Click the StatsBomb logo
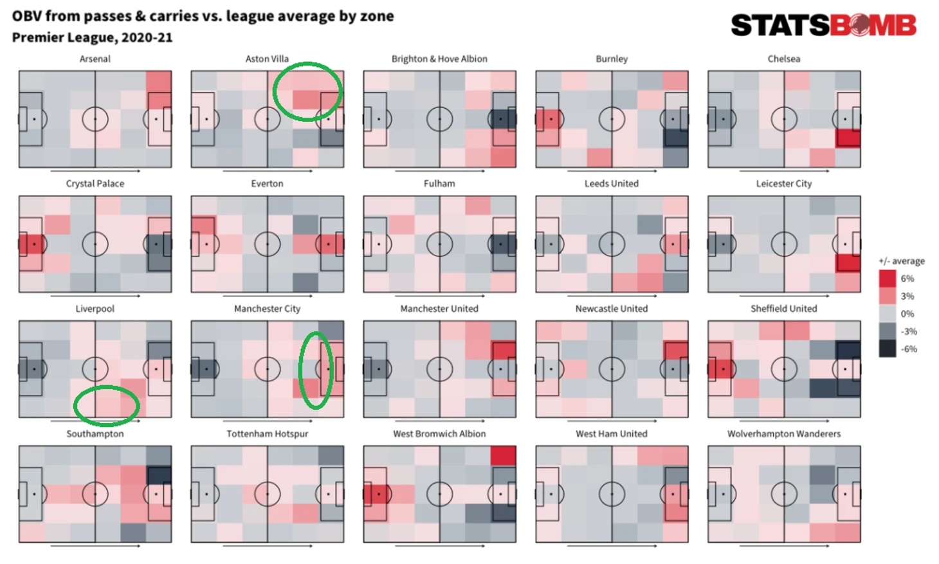(823, 25)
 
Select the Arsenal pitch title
(95, 59)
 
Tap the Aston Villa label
(267, 59)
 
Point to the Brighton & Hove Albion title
(439, 59)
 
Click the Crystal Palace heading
(95, 183)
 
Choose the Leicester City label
(783, 183)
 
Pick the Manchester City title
(267, 309)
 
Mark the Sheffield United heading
(783, 309)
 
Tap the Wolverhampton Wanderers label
(783, 434)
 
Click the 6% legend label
(907, 278)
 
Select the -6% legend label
(908, 349)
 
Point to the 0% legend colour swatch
(888, 314)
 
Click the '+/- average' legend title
(901, 261)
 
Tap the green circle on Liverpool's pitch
(107, 405)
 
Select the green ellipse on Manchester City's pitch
(316, 370)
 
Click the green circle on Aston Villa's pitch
(307, 91)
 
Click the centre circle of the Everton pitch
(267, 244)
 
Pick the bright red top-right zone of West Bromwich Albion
(503, 455)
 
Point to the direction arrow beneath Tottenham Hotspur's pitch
(267, 546)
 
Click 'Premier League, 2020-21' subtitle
(92, 37)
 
